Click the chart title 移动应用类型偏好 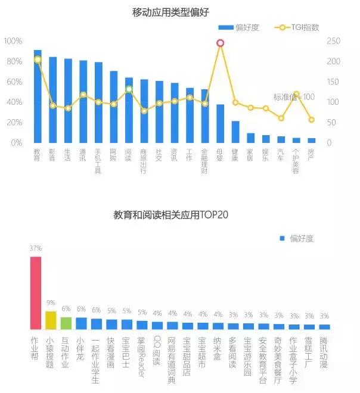tap(172, 13)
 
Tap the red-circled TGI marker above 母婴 tap(221, 43)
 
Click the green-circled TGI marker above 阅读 tap(129, 89)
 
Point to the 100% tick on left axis tap(13, 41)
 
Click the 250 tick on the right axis tap(334, 41)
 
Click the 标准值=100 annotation tap(294, 97)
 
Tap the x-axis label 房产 tap(311, 155)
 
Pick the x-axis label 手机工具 tap(98, 161)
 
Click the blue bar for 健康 tap(235, 132)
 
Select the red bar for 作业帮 tap(36, 293)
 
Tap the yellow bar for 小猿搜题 tap(51, 320)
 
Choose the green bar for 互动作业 tap(66, 323)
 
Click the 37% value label tap(36, 248)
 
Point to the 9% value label tap(51, 302)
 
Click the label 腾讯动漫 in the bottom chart tap(324, 353)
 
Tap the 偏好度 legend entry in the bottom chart tap(297, 238)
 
